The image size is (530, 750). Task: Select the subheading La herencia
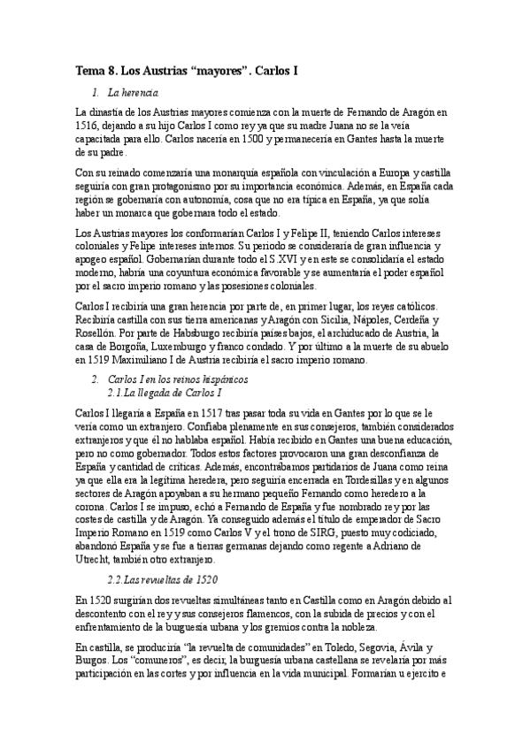point(133,92)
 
